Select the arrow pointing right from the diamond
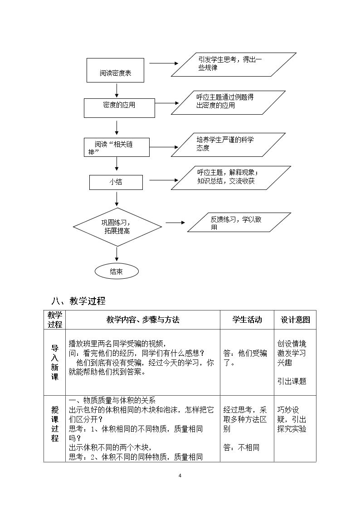(175, 223)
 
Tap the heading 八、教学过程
(78, 301)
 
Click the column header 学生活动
(247, 320)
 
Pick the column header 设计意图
(295, 320)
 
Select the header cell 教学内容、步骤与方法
(143, 320)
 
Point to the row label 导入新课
(54, 363)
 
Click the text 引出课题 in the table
(292, 381)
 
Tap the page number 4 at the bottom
(180, 475)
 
